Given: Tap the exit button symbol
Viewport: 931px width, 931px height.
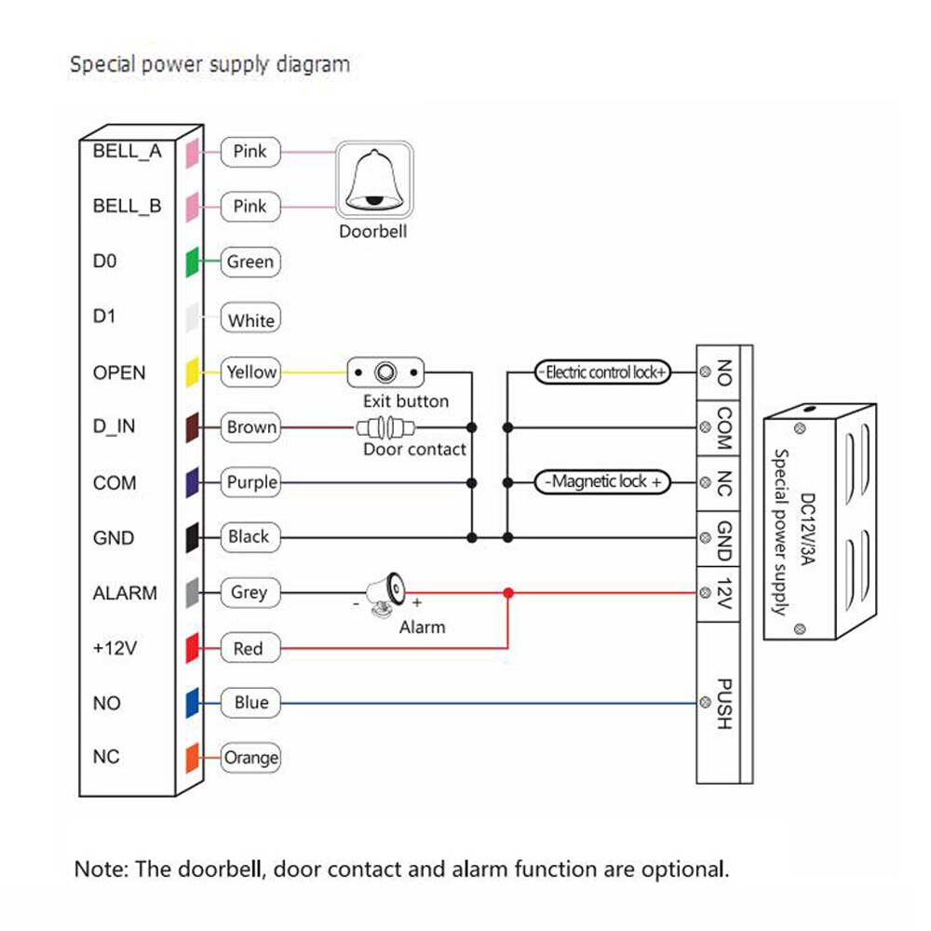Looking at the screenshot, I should (x=385, y=373).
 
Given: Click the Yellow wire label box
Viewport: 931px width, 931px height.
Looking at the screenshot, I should (x=250, y=372).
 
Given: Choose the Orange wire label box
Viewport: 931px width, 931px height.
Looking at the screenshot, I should (x=250, y=758).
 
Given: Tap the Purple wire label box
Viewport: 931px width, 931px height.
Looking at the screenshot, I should (x=250, y=482).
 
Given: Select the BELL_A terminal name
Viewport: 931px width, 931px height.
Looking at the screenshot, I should (x=127, y=152).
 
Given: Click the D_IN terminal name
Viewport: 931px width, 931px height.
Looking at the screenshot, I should (x=115, y=427).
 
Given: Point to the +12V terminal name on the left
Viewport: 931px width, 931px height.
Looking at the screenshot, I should (x=115, y=649).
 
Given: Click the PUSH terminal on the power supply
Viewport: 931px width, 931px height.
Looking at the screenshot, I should (x=723, y=703).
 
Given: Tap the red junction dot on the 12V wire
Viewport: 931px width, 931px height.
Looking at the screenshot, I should (x=507, y=593).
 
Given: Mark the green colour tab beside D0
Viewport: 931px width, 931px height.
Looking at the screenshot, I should (x=192, y=262).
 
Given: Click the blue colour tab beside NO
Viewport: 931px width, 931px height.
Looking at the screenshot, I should (x=192, y=703).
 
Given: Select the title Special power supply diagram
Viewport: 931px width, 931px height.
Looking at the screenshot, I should (x=210, y=64).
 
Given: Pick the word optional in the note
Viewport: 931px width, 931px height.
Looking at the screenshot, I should (x=679, y=870).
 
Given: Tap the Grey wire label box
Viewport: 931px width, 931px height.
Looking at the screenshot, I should (x=249, y=593).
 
